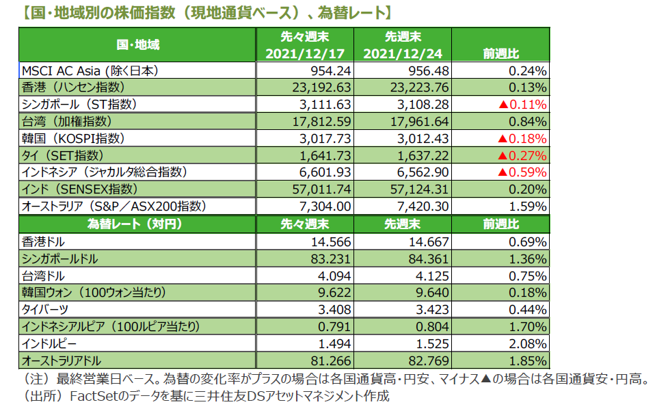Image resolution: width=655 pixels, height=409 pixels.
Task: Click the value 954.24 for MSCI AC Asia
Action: tap(331, 70)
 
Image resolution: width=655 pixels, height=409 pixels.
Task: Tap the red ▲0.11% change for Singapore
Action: tap(522, 105)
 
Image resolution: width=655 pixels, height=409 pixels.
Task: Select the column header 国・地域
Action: tap(137, 45)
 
